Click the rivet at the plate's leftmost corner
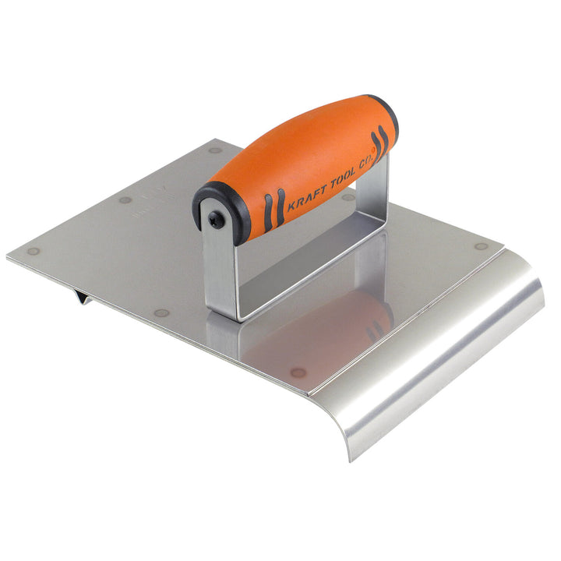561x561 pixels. (x=33, y=252)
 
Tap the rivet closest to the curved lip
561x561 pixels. (x=482, y=246)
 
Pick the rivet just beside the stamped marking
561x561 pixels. (x=125, y=200)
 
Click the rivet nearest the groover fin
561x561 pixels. (x=161, y=313)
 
